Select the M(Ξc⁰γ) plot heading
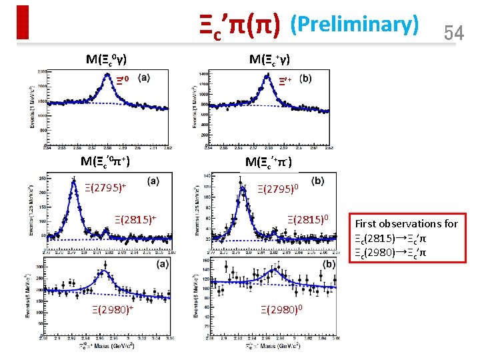(107, 59)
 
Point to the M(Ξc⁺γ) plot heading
(269, 59)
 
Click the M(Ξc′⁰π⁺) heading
(105, 161)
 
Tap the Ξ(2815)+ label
(135, 219)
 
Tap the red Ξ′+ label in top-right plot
(285, 81)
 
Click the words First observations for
(406, 223)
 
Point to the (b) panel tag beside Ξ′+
(305, 78)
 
